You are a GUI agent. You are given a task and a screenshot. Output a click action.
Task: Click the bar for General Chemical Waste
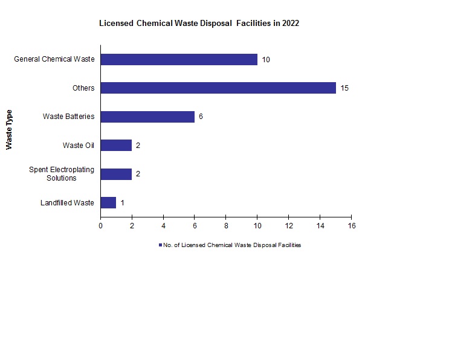click(x=179, y=59)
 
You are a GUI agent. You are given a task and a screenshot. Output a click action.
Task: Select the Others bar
click(x=218, y=88)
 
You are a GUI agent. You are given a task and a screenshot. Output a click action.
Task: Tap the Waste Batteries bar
click(x=147, y=117)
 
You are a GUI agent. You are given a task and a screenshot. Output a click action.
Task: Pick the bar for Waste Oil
click(x=116, y=145)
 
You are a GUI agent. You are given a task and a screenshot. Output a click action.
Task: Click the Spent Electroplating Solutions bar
click(x=116, y=174)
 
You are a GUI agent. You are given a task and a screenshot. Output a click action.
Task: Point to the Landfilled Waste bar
click(x=108, y=202)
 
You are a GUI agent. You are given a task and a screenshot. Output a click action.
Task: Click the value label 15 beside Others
click(x=344, y=88)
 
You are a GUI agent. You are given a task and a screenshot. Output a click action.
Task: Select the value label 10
click(x=266, y=60)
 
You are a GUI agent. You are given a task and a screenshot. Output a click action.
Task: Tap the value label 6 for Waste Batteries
click(x=201, y=117)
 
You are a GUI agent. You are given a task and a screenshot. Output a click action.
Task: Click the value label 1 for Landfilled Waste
click(x=122, y=203)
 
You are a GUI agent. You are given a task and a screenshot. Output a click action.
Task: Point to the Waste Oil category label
click(x=79, y=146)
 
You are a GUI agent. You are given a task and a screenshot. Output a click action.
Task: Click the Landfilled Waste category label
click(x=67, y=203)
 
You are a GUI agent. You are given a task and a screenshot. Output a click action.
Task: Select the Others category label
click(x=83, y=88)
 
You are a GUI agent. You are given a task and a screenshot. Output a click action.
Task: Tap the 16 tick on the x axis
click(x=351, y=226)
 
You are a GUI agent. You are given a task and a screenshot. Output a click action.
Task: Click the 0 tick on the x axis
click(x=101, y=226)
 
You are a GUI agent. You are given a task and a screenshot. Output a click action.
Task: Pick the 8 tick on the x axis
click(x=226, y=226)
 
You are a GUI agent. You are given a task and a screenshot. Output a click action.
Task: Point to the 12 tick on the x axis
click(x=289, y=226)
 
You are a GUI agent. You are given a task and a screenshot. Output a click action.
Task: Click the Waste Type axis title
click(x=9, y=130)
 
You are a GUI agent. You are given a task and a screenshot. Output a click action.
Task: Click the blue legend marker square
click(x=160, y=245)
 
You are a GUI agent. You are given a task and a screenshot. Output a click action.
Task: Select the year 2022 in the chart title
click(x=289, y=24)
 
